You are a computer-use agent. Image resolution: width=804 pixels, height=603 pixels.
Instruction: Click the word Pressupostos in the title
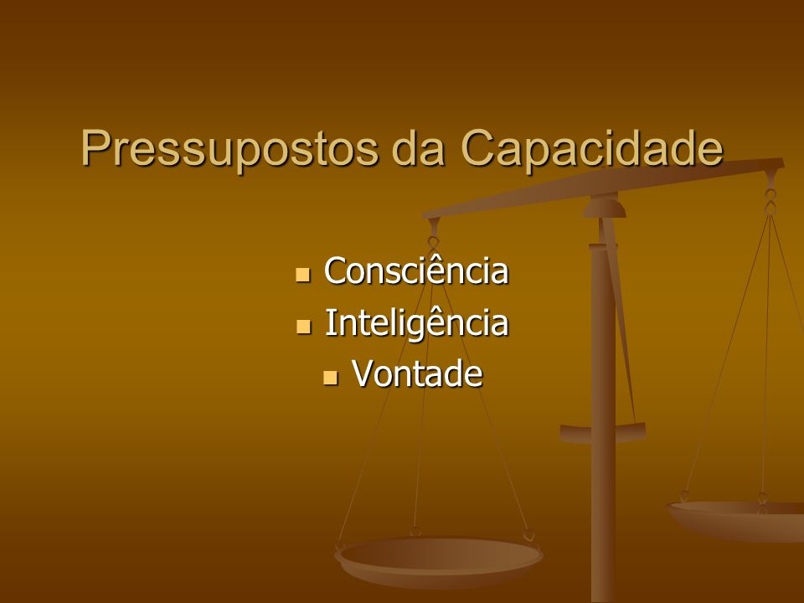pyautogui.click(x=229, y=149)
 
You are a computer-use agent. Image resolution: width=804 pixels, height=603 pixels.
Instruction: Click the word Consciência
pyautogui.click(x=416, y=270)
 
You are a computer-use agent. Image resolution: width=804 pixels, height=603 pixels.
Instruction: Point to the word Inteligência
pyautogui.click(x=416, y=323)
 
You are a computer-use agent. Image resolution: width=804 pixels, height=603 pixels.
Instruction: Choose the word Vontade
pyautogui.click(x=417, y=374)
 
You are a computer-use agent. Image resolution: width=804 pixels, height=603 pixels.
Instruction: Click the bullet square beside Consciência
pyautogui.click(x=303, y=275)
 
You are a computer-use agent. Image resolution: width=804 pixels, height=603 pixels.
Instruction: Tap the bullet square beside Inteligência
pyautogui.click(x=303, y=327)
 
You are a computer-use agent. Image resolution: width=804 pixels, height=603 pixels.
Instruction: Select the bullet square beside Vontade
pyautogui.click(x=331, y=378)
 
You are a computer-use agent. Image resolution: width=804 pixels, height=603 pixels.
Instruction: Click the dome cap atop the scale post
pyautogui.click(x=605, y=209)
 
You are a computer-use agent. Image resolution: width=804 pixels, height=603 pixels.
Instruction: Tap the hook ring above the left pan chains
pyautogui.click(x=433, y=242)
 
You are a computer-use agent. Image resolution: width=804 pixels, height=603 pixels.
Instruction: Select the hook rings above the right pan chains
pyautogui.click(x=770, y=202)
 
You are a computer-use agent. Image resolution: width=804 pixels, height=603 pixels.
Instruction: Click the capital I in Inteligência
pyautogui.click(x=330, y=323)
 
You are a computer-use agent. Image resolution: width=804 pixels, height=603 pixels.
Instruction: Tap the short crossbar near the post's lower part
pyautogui.click(x=602, y=433)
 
